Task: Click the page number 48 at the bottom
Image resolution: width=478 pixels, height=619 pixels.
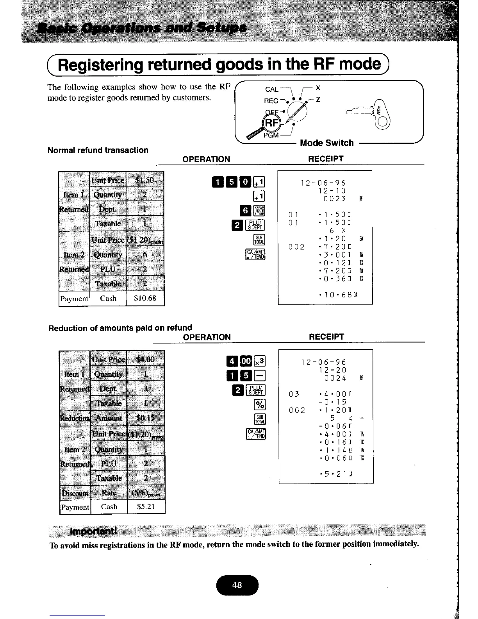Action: click(237, 585)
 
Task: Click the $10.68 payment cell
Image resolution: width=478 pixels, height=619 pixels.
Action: click(145, 299)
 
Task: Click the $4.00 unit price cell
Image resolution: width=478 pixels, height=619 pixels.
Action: click(145, 359)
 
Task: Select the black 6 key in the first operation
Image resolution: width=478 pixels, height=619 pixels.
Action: click(246, 211)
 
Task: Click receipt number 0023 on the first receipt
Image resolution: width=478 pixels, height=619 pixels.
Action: click(335, 199)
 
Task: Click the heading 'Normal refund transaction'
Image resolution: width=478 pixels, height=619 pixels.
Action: click(98, 150)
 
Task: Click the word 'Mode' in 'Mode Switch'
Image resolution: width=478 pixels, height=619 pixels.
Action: click(311, 143)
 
